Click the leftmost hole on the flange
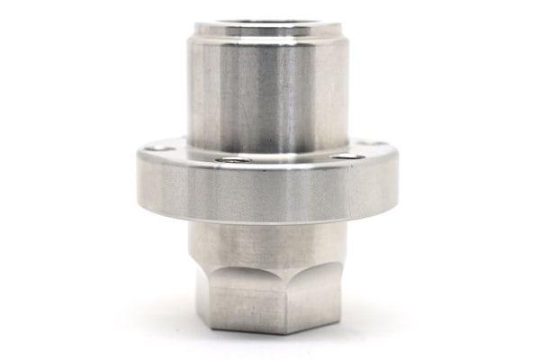point(159,147)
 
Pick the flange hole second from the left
point(233,160)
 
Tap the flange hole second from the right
point(346,157)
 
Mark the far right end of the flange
point(402,175)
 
